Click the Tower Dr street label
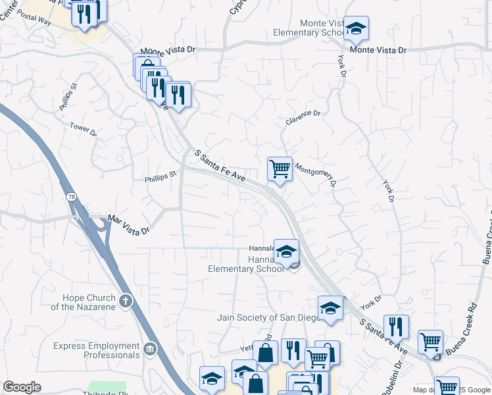pos(84,129)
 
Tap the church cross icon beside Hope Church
pos(126,302)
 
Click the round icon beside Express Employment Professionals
pos(151,348)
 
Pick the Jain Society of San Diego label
pos(268,317)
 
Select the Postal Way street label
pos(36,21)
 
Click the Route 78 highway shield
pos(70,197)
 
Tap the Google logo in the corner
pos(22,387)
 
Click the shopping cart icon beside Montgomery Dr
pos(280,169)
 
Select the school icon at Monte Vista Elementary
pos(356,28)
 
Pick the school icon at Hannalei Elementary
pos(287,251)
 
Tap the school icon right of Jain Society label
pos(330,307)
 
